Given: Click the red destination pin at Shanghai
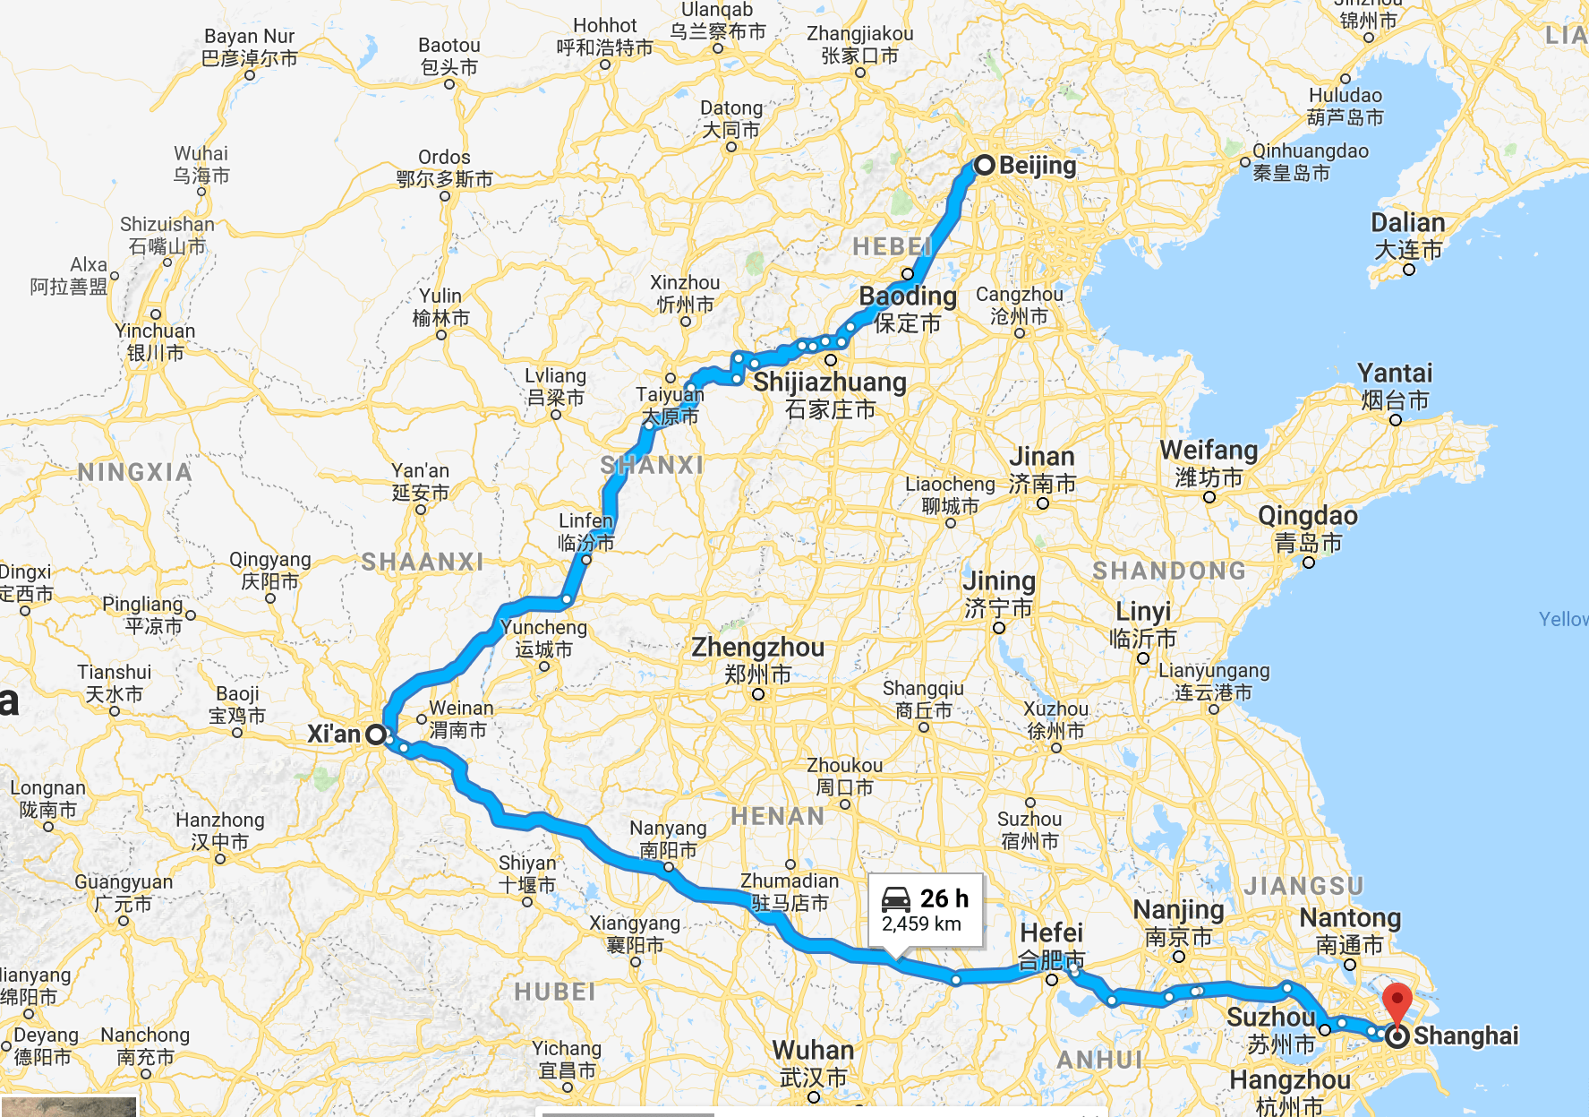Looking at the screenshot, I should click(x=1397, y=1001).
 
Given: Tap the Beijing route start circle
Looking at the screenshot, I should click(x=985, y=165).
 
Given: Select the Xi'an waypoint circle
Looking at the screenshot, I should click(x=376, y=735).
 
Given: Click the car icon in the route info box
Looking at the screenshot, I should click(x=896, y=898).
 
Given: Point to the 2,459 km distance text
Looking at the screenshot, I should click(x=921, y=924).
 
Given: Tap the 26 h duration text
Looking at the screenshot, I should click(x=944, y=898).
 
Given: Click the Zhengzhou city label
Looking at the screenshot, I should click(x=757, y=647).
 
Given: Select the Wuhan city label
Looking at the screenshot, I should click(x=813, y=1050).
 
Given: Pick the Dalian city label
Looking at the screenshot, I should click(x=1408, y=223).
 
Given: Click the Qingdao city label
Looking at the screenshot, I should click(x=1308, y=516).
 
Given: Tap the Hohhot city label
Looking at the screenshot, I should click(x=605, y=26).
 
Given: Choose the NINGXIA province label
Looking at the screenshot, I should click(x=134, y=472).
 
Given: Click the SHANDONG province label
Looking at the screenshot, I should click(x=1169, y=571).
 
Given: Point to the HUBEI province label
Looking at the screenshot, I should click(x=555, y=992).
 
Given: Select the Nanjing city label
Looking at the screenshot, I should click(x=1178, y=910).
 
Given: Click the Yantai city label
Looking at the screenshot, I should click(x=1395, y=373).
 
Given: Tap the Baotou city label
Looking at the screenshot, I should click(x=449, y=46).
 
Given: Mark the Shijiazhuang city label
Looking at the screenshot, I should click(x=830, y=382).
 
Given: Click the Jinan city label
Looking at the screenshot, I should click(x=1042, y=457).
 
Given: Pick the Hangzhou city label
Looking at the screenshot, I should click(x=1290, y=1080).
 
